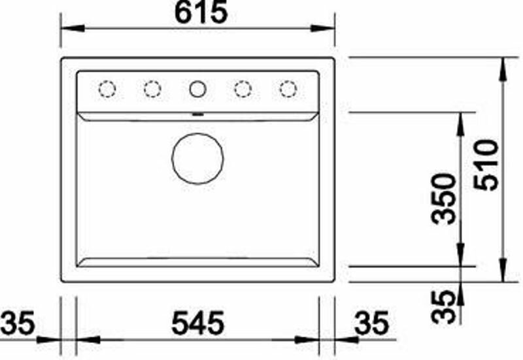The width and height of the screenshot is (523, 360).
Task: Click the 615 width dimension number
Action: [x=201, y=12]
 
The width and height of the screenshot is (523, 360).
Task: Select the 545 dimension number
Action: [x=198, y=323]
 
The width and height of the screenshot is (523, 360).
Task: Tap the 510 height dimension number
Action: [x=487, y=165]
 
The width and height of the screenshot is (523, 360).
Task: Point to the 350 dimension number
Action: [x=443, y=199]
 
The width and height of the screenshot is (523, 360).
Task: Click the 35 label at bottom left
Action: [x=18, y=323]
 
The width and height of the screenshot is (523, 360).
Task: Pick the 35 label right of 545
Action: [x=371, y=323]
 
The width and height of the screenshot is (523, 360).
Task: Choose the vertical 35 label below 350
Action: [x=443, y=307]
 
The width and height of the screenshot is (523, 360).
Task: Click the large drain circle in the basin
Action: [x=197, y=158]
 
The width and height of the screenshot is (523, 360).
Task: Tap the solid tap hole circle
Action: [x=197, y=89]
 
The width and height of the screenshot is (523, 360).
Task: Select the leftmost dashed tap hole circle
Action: [x=107, y=89]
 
